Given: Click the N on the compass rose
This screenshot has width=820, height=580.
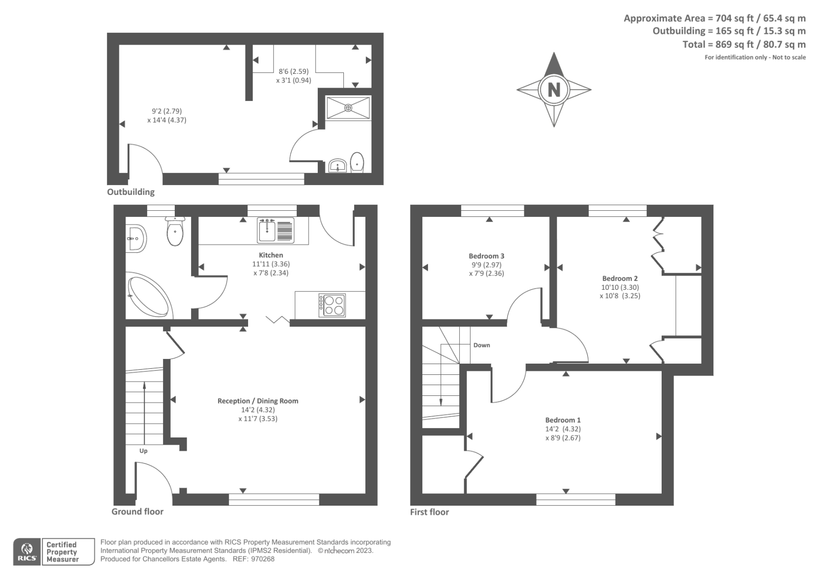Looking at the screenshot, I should point(553,90).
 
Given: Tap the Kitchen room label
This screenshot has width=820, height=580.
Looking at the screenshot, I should point(271,255).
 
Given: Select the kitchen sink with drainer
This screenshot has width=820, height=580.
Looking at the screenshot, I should point(276,230).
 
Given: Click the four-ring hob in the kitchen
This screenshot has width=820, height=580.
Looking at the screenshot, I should point(332,305).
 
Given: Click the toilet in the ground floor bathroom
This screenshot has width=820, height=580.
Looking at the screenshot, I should point(175,232).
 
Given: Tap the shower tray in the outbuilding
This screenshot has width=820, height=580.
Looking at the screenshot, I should point(348,108).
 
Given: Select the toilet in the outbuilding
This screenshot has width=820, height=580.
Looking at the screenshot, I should point(357,162).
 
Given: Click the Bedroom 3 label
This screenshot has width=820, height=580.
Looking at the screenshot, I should point(486,256).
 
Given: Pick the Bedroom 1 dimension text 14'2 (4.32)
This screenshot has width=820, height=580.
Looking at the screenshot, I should point(563,429).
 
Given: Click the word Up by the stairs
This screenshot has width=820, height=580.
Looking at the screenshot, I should point(143,451).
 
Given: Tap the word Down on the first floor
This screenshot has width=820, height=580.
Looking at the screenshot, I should point(482,345).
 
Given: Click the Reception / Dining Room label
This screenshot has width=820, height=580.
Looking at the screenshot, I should point(258,401).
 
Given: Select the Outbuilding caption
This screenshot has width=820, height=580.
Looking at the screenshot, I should point(131,192).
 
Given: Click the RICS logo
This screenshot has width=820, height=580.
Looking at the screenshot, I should point(26,552).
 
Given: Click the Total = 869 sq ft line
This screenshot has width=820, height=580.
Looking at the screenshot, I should point(744,45).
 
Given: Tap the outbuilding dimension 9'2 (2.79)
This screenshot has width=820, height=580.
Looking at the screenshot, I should point(167,111).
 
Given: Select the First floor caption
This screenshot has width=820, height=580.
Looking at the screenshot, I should point(429,512).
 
